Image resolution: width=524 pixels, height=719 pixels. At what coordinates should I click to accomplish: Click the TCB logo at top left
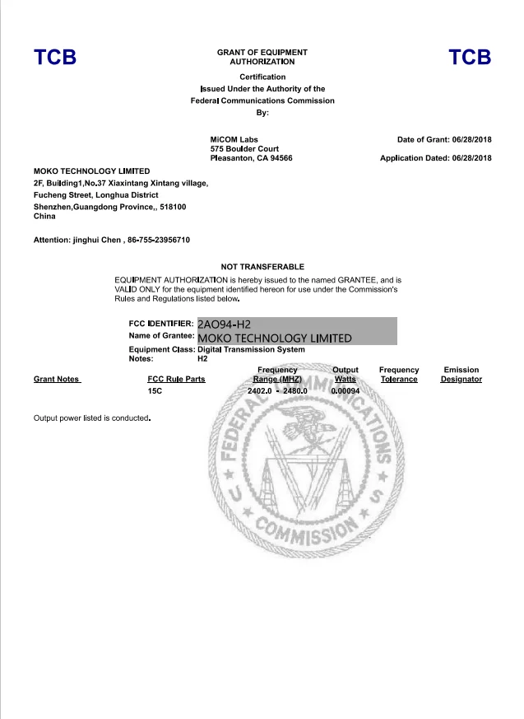[54, 57]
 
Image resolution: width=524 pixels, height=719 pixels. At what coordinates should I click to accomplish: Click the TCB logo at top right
[470, 57]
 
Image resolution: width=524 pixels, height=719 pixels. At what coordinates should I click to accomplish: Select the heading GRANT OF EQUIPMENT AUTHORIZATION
[262, 57]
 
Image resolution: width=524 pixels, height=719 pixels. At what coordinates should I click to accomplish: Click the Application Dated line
[435, 157]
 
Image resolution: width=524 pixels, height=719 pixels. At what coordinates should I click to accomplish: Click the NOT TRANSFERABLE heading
[262, 267]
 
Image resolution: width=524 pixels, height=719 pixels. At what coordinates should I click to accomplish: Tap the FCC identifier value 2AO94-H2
[224, 324]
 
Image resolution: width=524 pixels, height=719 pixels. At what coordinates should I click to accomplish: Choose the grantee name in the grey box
[275, 338]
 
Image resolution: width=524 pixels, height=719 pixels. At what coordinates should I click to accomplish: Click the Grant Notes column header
[57, 380]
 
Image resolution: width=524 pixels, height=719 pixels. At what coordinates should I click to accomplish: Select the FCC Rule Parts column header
[176, 380]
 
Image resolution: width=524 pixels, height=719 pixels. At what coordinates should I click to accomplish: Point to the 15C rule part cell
[155, 391]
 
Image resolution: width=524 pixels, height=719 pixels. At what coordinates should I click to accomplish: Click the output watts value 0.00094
[345, 391]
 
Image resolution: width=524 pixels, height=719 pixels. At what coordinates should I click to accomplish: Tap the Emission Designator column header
[461, 375]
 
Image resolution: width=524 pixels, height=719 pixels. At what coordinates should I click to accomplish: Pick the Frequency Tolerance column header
[399, 375]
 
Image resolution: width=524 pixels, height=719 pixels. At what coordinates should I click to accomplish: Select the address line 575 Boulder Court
[244, 148]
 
